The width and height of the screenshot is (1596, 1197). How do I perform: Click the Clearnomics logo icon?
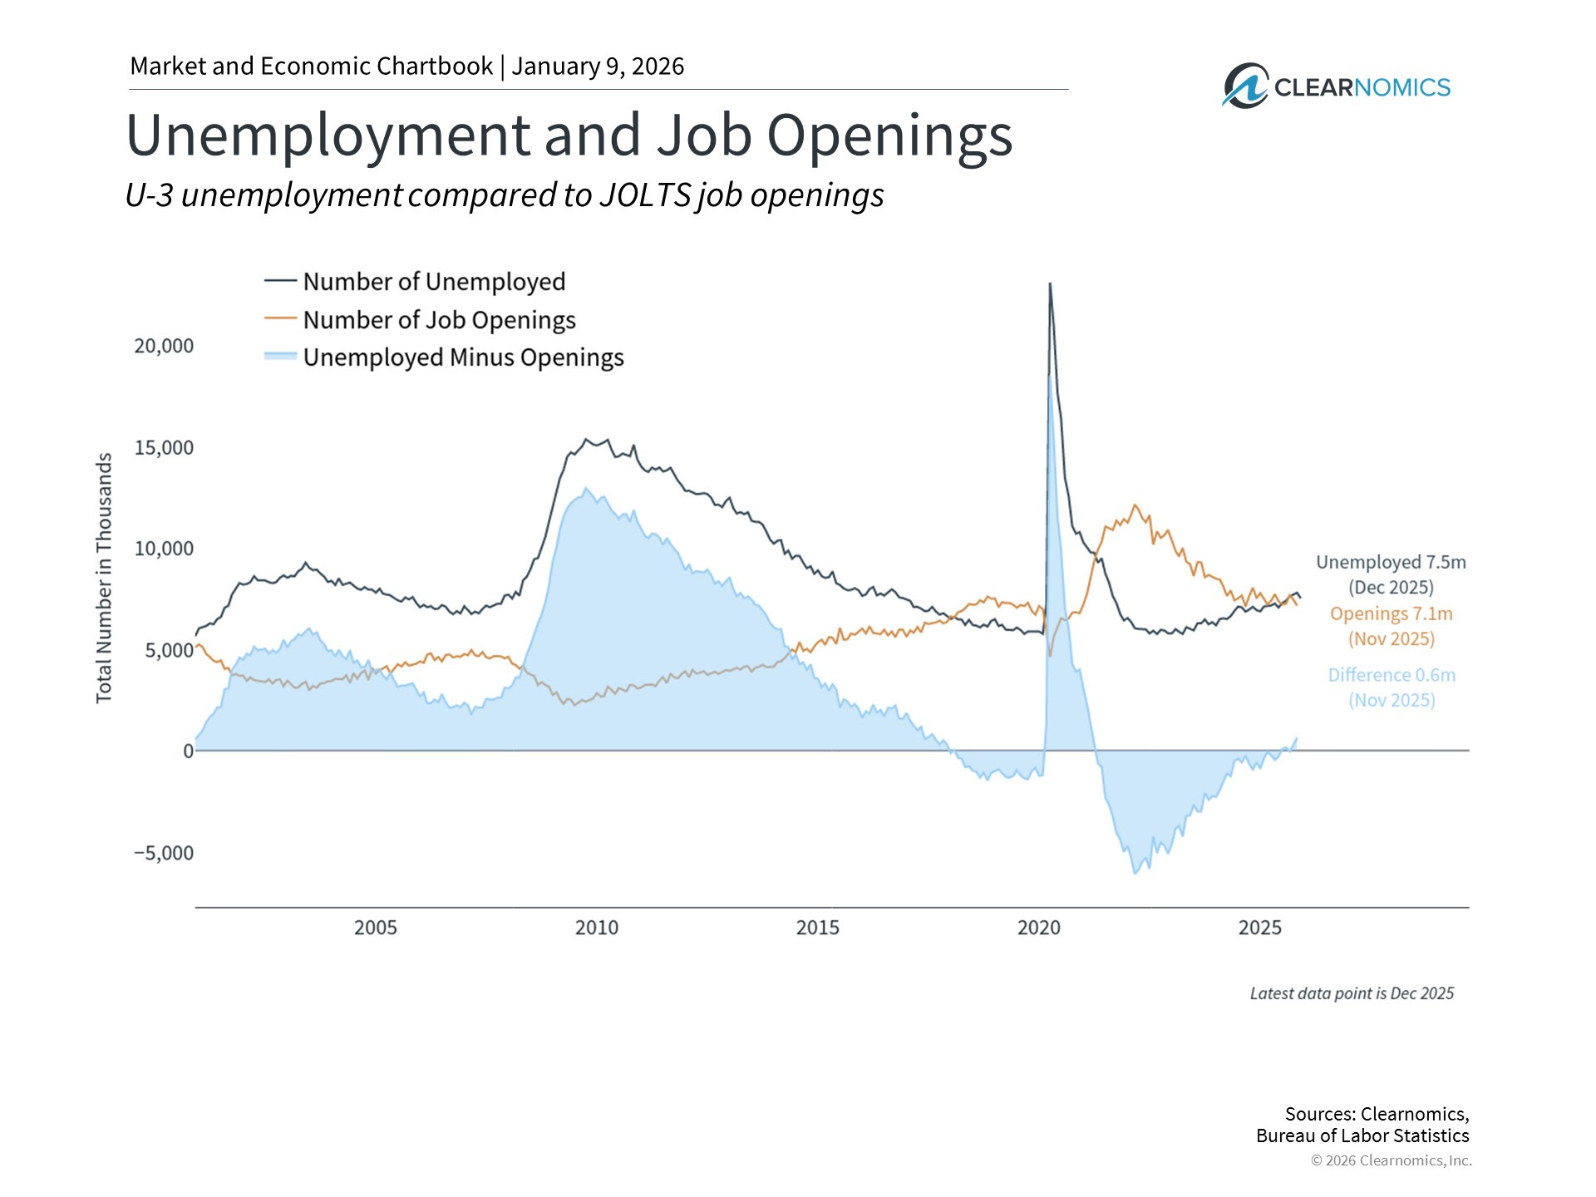pyautogui.click(x=1244, y=86)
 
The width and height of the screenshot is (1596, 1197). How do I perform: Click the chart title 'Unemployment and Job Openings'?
pyautogui.click(x=569, y=135)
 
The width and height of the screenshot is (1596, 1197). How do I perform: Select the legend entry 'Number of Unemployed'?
pyautogui.click(x=433, y=282)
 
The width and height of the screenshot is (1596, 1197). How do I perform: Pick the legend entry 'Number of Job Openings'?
pyautogui.click(x=438, y=320)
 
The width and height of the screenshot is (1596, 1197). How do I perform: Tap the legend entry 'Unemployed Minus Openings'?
pyautogui.click(x=462, y=357)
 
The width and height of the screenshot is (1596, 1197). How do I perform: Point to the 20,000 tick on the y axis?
pyautogui.click(x=164, y=346)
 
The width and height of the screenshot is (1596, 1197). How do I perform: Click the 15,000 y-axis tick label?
pyautogui.click(x=164, y=447)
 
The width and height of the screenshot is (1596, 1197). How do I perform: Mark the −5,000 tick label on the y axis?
pyautogui.click(x=164, y=853)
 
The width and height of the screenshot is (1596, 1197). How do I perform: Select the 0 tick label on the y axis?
pyautogui.click(x=188, y=751)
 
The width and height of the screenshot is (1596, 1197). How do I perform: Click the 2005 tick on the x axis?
pyautogui.click(x=376, y=928)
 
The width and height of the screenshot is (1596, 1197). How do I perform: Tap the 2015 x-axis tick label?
pyautogui.click(x=818, y=928)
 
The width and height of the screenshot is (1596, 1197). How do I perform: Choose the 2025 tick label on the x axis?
pyautogui.click(x=1260, y=928)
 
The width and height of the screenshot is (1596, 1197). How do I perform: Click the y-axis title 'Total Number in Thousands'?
pyautogui.click(x=104, y=578)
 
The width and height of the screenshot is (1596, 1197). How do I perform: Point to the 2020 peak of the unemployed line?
pyautogui.click(x=1050, y=284)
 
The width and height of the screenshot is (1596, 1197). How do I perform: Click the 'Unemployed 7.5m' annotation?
pyautogui.click(x=1391, y=563)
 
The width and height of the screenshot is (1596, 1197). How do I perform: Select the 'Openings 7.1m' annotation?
pyautogui.click(x=1391, y=614)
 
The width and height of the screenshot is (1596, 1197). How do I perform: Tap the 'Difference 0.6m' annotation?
pyautogui.click(x=1392, y=675)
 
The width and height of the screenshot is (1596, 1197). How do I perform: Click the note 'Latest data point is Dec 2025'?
pyautogui.click(x=1352, y=993)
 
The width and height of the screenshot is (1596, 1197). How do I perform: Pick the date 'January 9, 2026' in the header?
pyautogui.click(x=598, y=66)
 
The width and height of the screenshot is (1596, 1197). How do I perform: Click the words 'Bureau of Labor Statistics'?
pyautogui.click(x=1362, y=1135)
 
